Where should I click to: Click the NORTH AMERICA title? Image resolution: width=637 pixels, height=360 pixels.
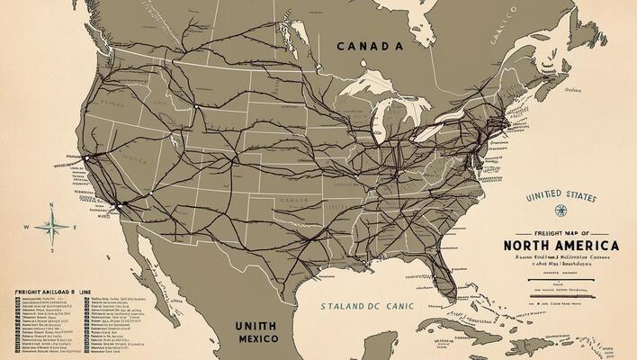click(561, 245)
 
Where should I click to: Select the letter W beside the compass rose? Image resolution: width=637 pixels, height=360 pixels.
click(26, 227)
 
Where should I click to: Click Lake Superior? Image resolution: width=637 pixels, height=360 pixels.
click(377, 92)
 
